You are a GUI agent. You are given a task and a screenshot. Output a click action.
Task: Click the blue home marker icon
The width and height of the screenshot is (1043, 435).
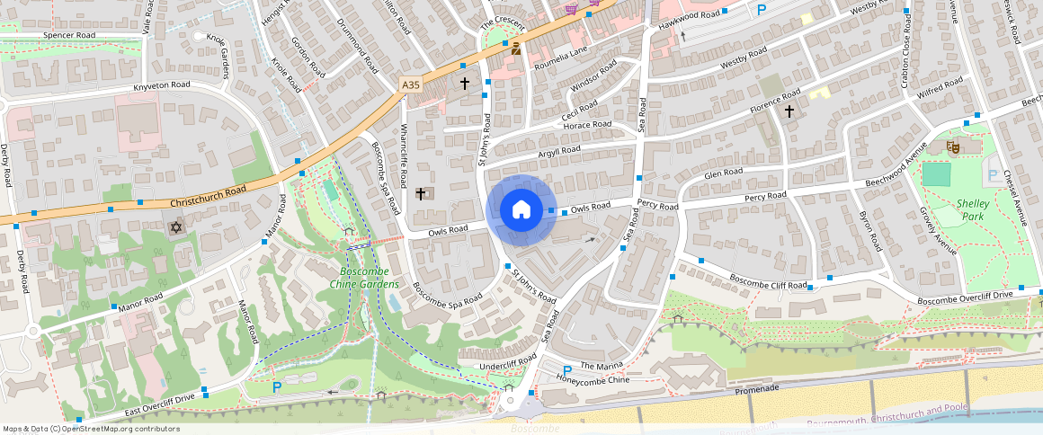click(521, 210)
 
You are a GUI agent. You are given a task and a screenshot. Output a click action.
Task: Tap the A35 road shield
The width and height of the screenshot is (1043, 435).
click(411, 84)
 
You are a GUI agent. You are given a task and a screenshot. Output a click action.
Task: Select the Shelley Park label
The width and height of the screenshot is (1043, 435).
click(973, 209)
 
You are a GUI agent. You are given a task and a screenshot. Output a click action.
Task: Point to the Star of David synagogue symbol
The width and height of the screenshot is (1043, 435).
click(176, 228)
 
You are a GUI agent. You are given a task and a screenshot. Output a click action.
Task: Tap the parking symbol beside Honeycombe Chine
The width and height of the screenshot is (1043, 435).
click(567, 371)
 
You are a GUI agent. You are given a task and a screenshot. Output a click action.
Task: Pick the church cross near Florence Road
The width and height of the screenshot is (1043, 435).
click(789, 111)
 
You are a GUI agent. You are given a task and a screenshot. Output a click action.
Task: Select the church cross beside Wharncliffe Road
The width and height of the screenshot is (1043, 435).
click(420, 193)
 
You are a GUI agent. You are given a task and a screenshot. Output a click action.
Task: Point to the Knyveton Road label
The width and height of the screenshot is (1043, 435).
click(162, 84)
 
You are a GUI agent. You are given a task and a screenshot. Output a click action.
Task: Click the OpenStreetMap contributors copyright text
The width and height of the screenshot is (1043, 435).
click(91, 429)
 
